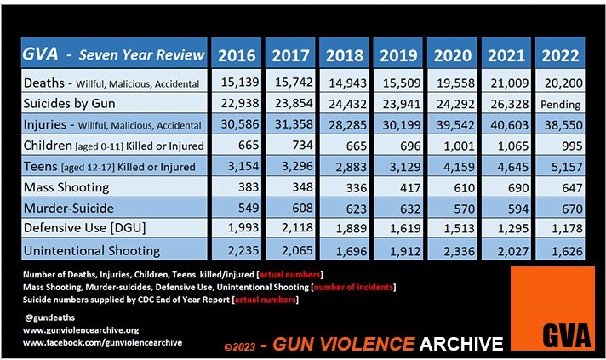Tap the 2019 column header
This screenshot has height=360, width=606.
[398, 56]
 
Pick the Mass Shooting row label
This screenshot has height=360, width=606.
[64, 186]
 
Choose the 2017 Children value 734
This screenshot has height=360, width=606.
[290, 146]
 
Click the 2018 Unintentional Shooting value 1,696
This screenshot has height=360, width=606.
[345, 249]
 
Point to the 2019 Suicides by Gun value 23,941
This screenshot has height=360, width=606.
[398, 105]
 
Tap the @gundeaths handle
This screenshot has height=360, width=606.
[46, 316]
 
